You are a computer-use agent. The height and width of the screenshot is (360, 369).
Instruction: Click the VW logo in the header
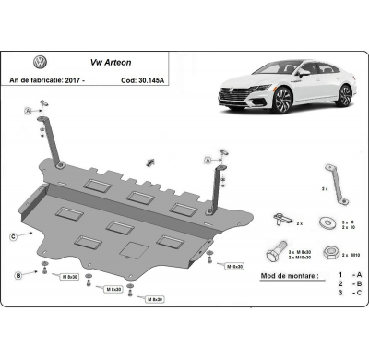coord(41,62)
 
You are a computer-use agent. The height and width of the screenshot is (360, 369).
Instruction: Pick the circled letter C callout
coord(13,237)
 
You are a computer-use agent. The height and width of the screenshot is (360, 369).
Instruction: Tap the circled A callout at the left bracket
coord(28,111)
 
